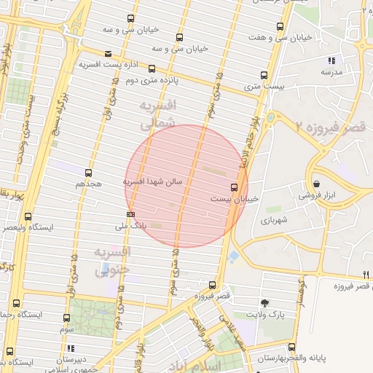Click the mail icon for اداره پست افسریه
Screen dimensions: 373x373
(x=109, y=53)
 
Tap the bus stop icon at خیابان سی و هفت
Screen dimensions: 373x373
(x=280, y=27)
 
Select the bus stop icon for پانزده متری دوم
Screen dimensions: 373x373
(x=152, y=69)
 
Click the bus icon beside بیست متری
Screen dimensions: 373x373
(x=264, y=74)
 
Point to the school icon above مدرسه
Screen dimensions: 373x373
(x=331, y=61)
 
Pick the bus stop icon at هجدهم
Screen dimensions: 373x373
(x=88, y=173)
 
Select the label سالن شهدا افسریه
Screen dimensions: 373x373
(x=157, y=181)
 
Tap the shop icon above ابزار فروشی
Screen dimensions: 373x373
(x=317, y=183)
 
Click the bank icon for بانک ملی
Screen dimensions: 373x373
(x=130, y=214)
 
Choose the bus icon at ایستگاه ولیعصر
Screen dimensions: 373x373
(x=28, y=216)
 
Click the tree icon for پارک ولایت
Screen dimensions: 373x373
(x=264, y=303)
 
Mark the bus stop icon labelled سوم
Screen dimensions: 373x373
(x=67, y=318)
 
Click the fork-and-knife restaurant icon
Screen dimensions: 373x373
(x=366, y=275)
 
